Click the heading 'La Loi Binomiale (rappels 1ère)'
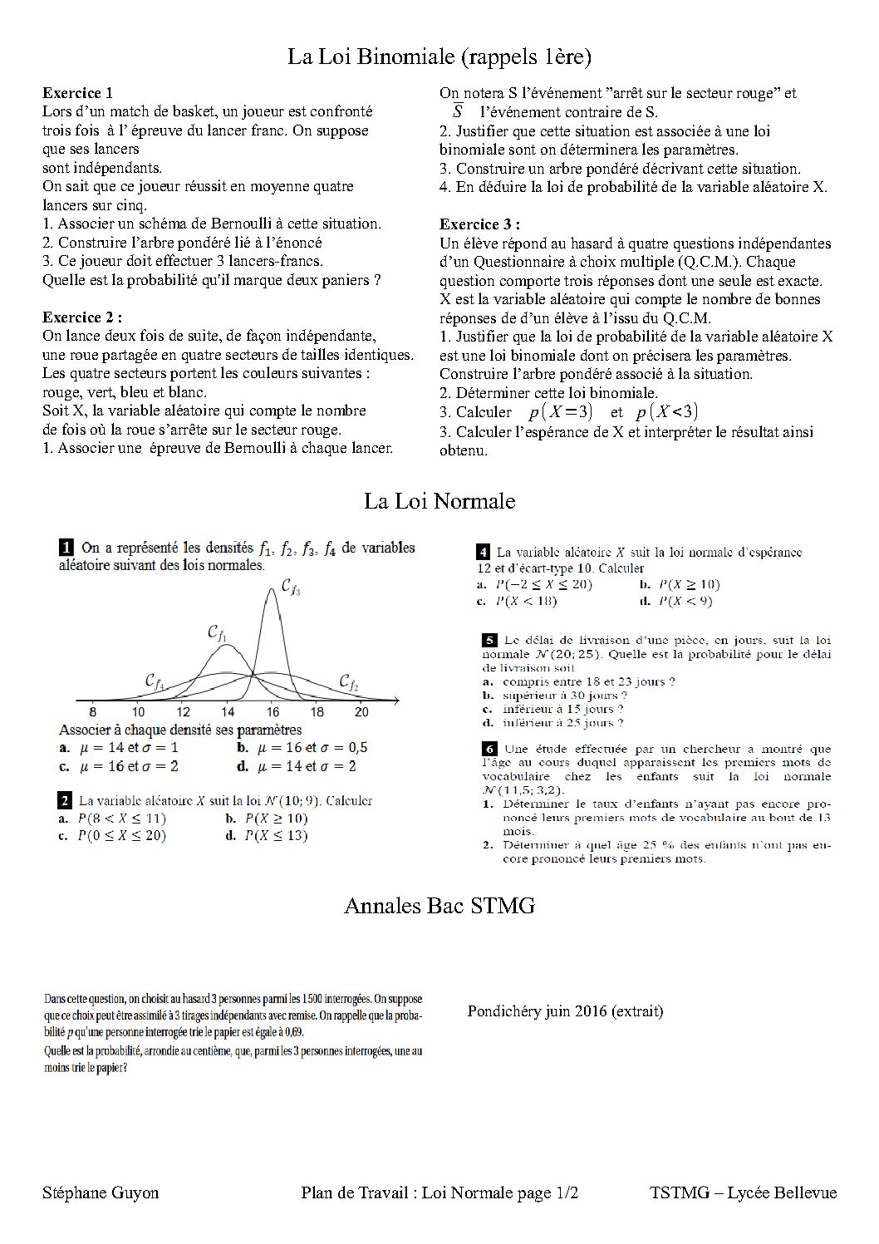coord(439,57)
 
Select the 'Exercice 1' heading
coord(77,93)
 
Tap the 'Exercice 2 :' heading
coord(82,317)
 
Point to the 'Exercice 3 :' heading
coord(479,224)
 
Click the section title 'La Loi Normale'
coord(439,501)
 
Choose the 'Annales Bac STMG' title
coord(439,905)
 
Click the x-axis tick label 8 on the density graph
coord(92,712)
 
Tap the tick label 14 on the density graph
coord(227,712)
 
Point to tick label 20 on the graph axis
coord(361,712)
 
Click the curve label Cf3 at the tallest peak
coord(290,588)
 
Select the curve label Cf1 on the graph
coord(217,634)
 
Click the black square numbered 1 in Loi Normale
coord(66,548)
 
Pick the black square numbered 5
coord(489,640)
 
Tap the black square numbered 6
coord(489,748)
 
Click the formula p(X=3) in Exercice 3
coord(560,412)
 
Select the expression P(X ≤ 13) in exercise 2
coord(276,836)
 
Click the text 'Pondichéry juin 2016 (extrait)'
coord(565,1011)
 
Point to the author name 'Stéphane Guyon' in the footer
coord(101,1193)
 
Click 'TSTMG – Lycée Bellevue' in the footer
coord(744,1193)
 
